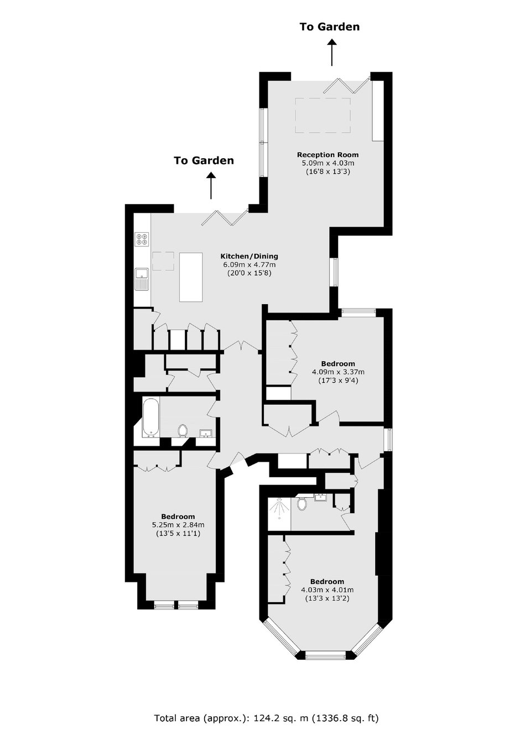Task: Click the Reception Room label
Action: point(327,154)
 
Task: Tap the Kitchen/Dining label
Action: point(249,256)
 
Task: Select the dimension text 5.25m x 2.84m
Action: point(178,525)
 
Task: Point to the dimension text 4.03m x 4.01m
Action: point(327,599)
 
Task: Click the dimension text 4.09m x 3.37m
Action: point(338,372)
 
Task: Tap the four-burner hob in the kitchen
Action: point(142,239)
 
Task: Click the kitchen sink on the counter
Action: point(142,279)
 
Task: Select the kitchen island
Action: point(191,277)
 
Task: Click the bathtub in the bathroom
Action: point(150,418)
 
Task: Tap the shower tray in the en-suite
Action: point(279,514)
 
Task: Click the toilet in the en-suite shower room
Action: point(301,503)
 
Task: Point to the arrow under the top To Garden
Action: point(332,53)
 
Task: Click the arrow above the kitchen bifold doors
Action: point(211,186)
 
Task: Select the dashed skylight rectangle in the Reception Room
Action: point(323,115)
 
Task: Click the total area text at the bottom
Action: point(266,716)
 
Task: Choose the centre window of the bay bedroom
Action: point(325,656)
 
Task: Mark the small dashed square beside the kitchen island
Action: point(163,261)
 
